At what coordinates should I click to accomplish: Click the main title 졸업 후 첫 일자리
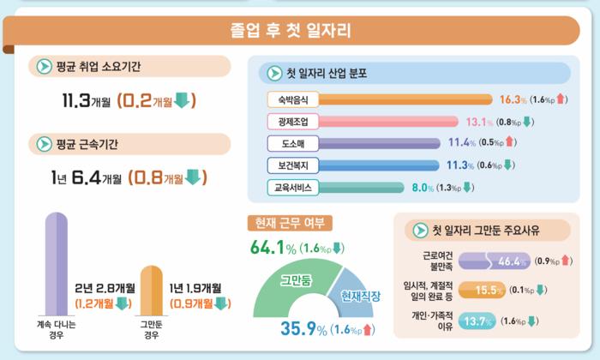[291, 30]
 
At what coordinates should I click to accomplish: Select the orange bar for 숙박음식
[405, 99]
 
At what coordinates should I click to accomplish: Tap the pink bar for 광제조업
[388, 122]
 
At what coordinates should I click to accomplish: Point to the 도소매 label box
[293, 144]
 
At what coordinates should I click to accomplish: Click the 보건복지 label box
[293, 165]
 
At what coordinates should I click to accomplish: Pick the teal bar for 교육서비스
[361, 188]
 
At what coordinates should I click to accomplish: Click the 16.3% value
[513, 99]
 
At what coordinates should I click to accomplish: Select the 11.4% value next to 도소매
[462, 142]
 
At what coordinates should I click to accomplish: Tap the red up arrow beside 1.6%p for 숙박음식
[561, 99]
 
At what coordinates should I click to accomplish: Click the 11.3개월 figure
[86, 100]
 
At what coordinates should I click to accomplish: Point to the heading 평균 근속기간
[87, 144]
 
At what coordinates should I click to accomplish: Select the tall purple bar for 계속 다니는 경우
[57, 264]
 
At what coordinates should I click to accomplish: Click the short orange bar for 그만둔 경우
[152, 291]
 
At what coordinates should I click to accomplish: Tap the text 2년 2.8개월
[105, 288]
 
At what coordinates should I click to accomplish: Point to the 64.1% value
[273, 248]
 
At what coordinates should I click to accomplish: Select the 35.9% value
[303, 328]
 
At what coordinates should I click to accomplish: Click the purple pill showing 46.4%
[495, 261]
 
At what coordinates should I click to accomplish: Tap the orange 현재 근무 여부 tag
[290, 223]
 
